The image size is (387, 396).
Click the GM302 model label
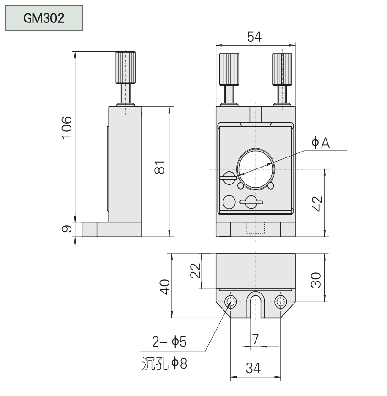click(44, 18)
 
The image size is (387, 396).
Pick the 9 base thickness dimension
click(67, 228)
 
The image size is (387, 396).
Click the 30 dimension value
click(316, 277)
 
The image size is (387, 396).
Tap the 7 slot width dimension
click(256, 339)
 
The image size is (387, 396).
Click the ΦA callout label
click(321, 144)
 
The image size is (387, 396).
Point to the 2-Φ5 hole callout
click(169, 342)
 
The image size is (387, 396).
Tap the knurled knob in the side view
click(125, 68)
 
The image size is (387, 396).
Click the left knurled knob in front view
click(229, 69)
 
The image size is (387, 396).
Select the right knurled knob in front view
click(282, 69)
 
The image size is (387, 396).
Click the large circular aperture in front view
click(255, 169)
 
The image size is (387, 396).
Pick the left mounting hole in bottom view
click(230, 301)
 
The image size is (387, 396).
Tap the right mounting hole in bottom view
click(281, 301)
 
